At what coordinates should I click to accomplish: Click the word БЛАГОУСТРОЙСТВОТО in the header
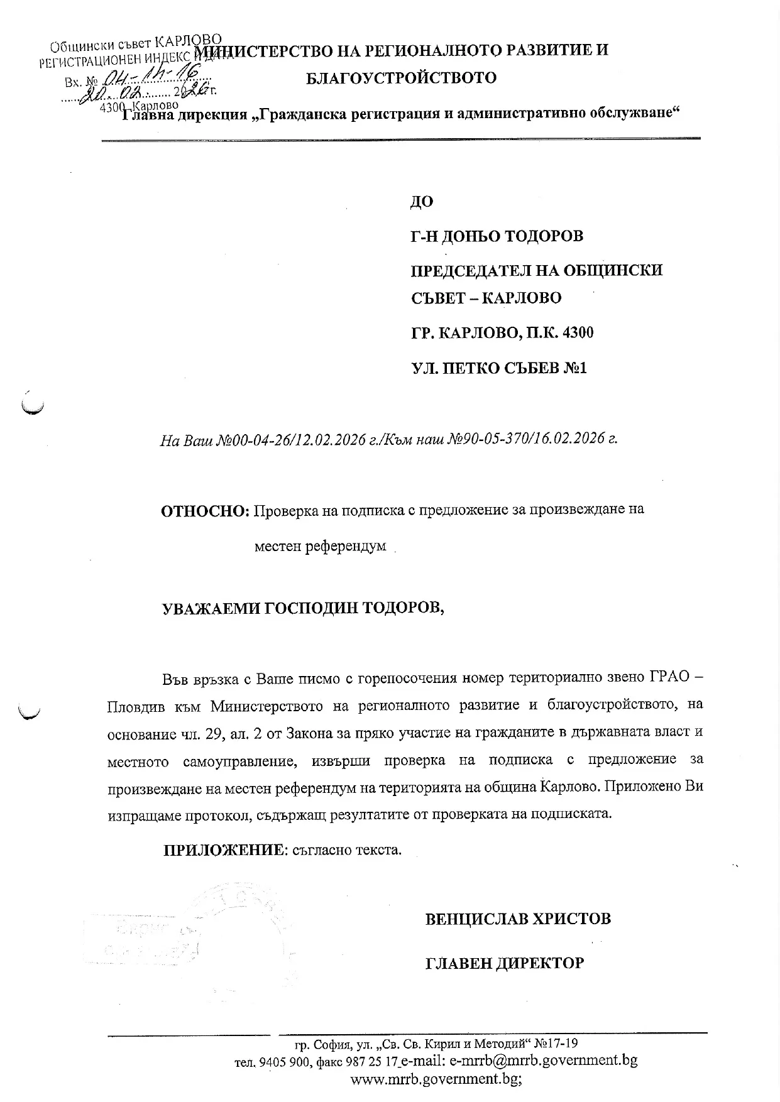coord(401,79)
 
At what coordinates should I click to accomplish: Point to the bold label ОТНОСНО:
coord(206,510)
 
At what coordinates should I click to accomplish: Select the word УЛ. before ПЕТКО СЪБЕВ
coord(423,368)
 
